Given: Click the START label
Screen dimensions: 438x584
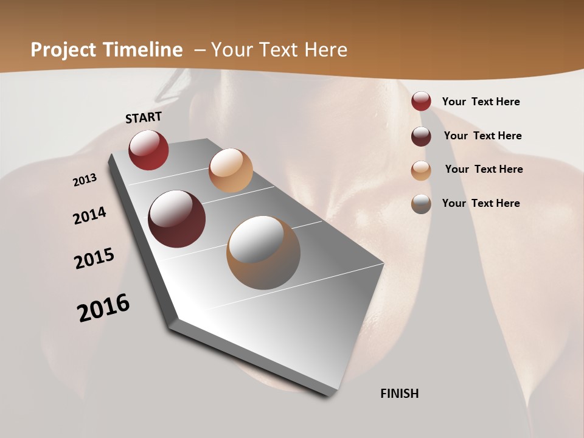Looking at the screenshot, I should (x=144, y=117).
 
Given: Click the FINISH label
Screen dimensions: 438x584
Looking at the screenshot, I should (x=400, y=394).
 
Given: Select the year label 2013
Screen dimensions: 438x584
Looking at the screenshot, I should (x=85, y=180).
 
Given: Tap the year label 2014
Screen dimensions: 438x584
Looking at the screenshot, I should (x=90, y=215).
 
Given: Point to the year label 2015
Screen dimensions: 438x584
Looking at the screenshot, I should (x=94, y=259).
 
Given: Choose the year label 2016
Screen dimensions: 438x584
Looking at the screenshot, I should (x=103, y=307).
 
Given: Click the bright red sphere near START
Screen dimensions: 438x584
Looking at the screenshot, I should (x=148, y=150).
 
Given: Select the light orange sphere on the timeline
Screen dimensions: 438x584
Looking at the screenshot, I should (x=231, y=170).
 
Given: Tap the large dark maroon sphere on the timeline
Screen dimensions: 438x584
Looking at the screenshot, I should (x=177, y=219).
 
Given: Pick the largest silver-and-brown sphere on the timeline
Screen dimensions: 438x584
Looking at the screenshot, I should (x=263, y=252).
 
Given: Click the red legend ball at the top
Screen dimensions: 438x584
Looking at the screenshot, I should (x=421, y=102).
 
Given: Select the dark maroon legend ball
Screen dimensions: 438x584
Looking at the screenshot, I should (x=421, y=136).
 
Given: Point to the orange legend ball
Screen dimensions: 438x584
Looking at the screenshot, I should (x=421, y=170).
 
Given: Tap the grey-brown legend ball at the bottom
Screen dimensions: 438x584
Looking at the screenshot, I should (x=421, y=204).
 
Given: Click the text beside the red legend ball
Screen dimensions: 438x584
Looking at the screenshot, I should (x=481, y=102).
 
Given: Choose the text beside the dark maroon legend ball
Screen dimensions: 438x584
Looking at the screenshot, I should (x=482, y=136).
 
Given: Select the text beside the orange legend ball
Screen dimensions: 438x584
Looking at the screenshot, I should (x=484, y=169).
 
